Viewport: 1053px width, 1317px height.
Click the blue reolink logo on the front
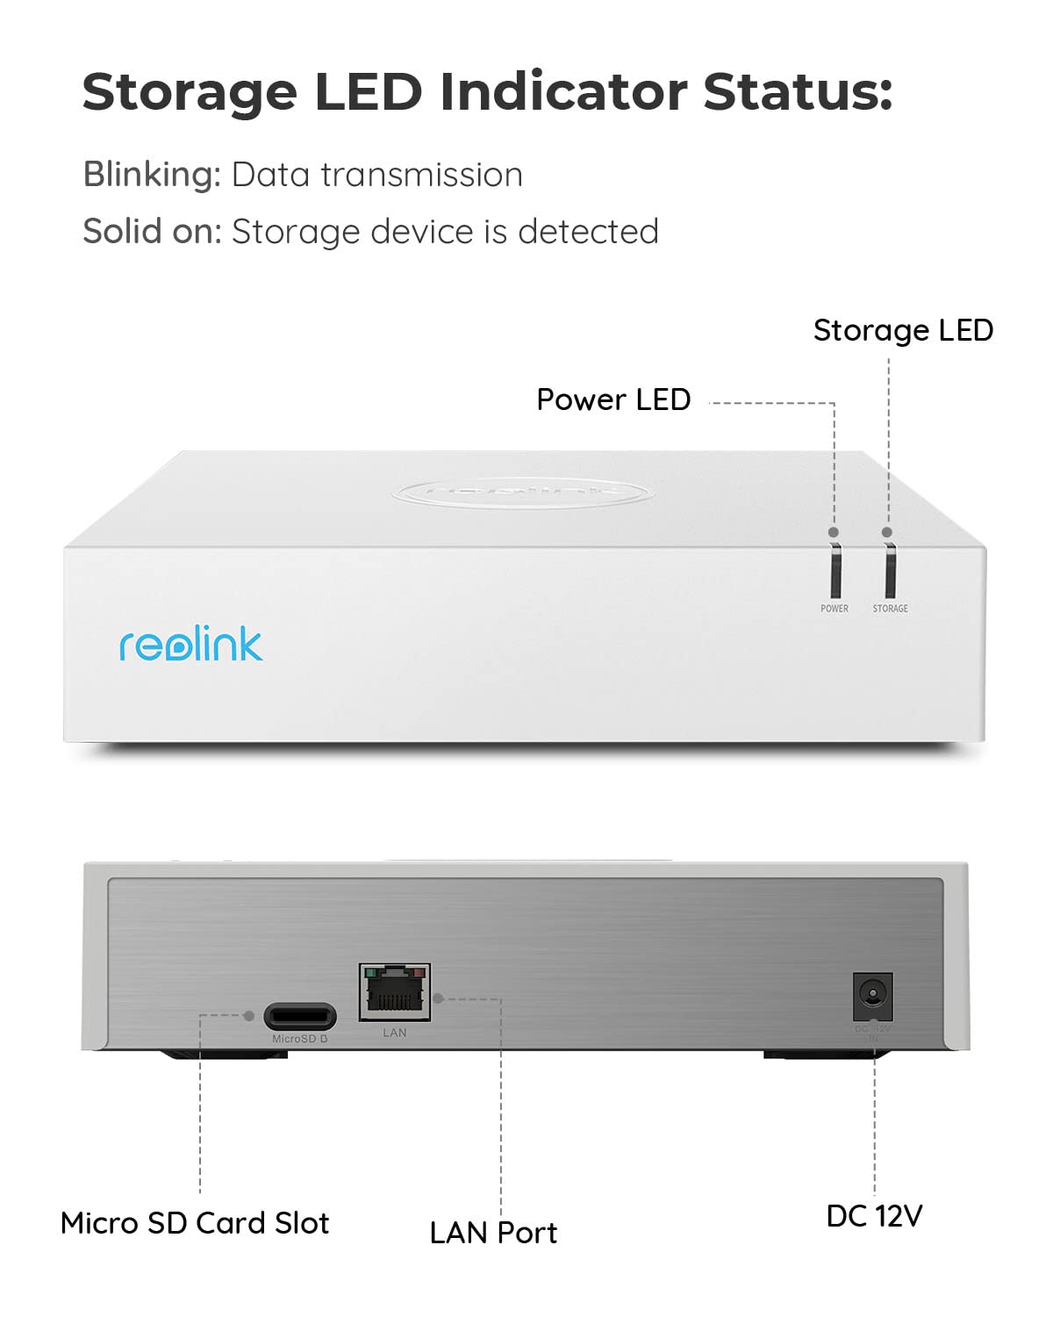(190, 644)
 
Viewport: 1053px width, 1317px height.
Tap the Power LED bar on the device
(835, 571)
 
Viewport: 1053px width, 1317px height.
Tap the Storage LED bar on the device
(890, 571)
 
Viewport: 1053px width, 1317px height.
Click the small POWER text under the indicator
(835, 608)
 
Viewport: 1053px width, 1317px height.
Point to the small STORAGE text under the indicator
(890, 608)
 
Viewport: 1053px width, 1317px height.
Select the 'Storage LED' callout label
(903, 330)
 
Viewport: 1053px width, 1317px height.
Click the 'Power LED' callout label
(613, 399)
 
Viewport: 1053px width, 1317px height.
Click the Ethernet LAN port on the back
(395, 992)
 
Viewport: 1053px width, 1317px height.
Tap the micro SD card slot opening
(300, 1017)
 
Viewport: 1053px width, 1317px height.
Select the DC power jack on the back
(872, 995)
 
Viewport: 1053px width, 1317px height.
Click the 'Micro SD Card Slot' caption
(195, 1223)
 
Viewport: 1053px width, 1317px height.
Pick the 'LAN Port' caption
(493, 1233)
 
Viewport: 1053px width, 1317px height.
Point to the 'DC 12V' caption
(874, 1216)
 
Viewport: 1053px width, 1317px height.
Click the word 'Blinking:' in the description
(152, 175)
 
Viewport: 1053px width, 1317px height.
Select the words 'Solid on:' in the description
(152, 232)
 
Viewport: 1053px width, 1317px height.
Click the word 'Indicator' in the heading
(562, 91)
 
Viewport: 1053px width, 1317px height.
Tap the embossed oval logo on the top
(522, 492)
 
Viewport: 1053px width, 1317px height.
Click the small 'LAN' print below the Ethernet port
(395, 1033)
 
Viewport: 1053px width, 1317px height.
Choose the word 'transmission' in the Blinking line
(421, 175)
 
